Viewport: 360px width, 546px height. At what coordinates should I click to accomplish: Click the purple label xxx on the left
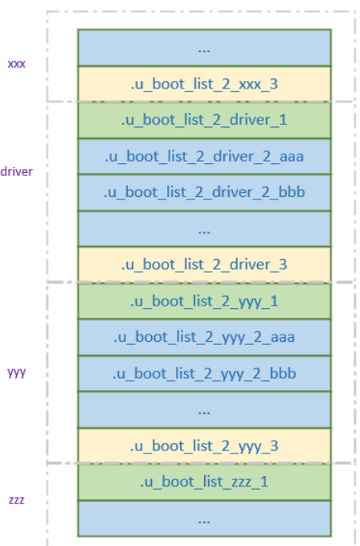16,63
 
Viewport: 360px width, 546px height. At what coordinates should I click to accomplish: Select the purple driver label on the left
17,171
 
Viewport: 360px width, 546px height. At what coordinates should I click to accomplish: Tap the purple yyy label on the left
16,373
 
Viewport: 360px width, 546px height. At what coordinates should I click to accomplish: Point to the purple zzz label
16,499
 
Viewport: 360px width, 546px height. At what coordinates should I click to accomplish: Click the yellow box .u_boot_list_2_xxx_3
204,84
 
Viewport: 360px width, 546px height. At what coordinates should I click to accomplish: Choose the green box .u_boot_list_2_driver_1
204,120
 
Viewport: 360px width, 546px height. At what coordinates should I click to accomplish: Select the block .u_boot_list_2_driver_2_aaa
204,157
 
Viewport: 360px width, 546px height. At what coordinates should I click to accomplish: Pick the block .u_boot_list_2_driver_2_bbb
204,193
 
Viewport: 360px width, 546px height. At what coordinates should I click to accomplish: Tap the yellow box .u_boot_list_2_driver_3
204,265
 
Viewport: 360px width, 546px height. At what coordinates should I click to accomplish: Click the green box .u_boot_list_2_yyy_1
204,302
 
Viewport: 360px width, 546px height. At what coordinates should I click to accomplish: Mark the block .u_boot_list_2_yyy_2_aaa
204,338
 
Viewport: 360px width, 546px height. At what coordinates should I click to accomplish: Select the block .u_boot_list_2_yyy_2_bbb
204,374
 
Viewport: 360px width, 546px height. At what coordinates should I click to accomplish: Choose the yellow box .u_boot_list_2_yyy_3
204,446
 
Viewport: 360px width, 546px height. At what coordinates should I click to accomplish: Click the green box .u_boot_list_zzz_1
204,482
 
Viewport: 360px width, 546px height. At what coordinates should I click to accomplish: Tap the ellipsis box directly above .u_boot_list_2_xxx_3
204,47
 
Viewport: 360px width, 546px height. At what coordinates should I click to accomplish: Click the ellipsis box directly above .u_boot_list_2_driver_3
204,229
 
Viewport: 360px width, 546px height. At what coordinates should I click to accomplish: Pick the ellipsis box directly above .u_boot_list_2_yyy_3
204,410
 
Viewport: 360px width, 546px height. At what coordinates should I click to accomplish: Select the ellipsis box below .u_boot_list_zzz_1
204,519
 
